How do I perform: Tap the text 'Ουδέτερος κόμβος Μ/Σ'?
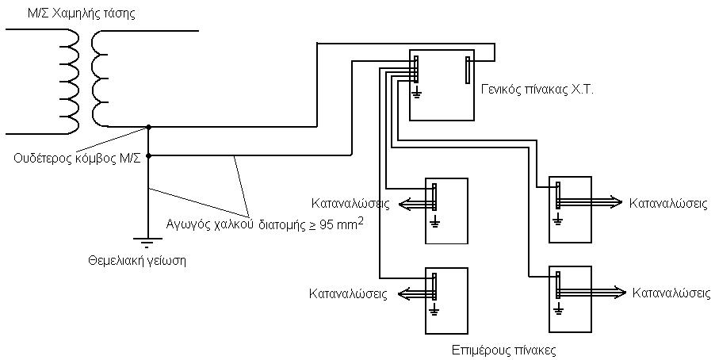tap(78, 158)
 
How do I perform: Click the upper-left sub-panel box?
tap(446, 212)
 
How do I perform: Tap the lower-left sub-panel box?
tap(446, 302)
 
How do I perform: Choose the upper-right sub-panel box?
tap(570, 209)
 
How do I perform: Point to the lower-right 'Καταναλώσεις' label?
tap(671, 293)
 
